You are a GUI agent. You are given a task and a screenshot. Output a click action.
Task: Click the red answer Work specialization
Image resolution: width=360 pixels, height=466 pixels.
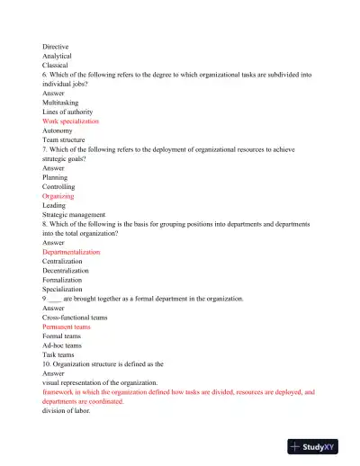[x=70, y=121]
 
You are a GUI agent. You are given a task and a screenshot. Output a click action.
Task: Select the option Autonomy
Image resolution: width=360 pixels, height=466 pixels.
[x=58, y=130]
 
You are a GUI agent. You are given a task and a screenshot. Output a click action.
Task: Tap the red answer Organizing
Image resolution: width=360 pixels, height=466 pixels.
[x=58, y=196]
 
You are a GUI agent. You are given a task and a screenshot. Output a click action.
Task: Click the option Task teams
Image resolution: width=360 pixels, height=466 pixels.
[x=58, y=355]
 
